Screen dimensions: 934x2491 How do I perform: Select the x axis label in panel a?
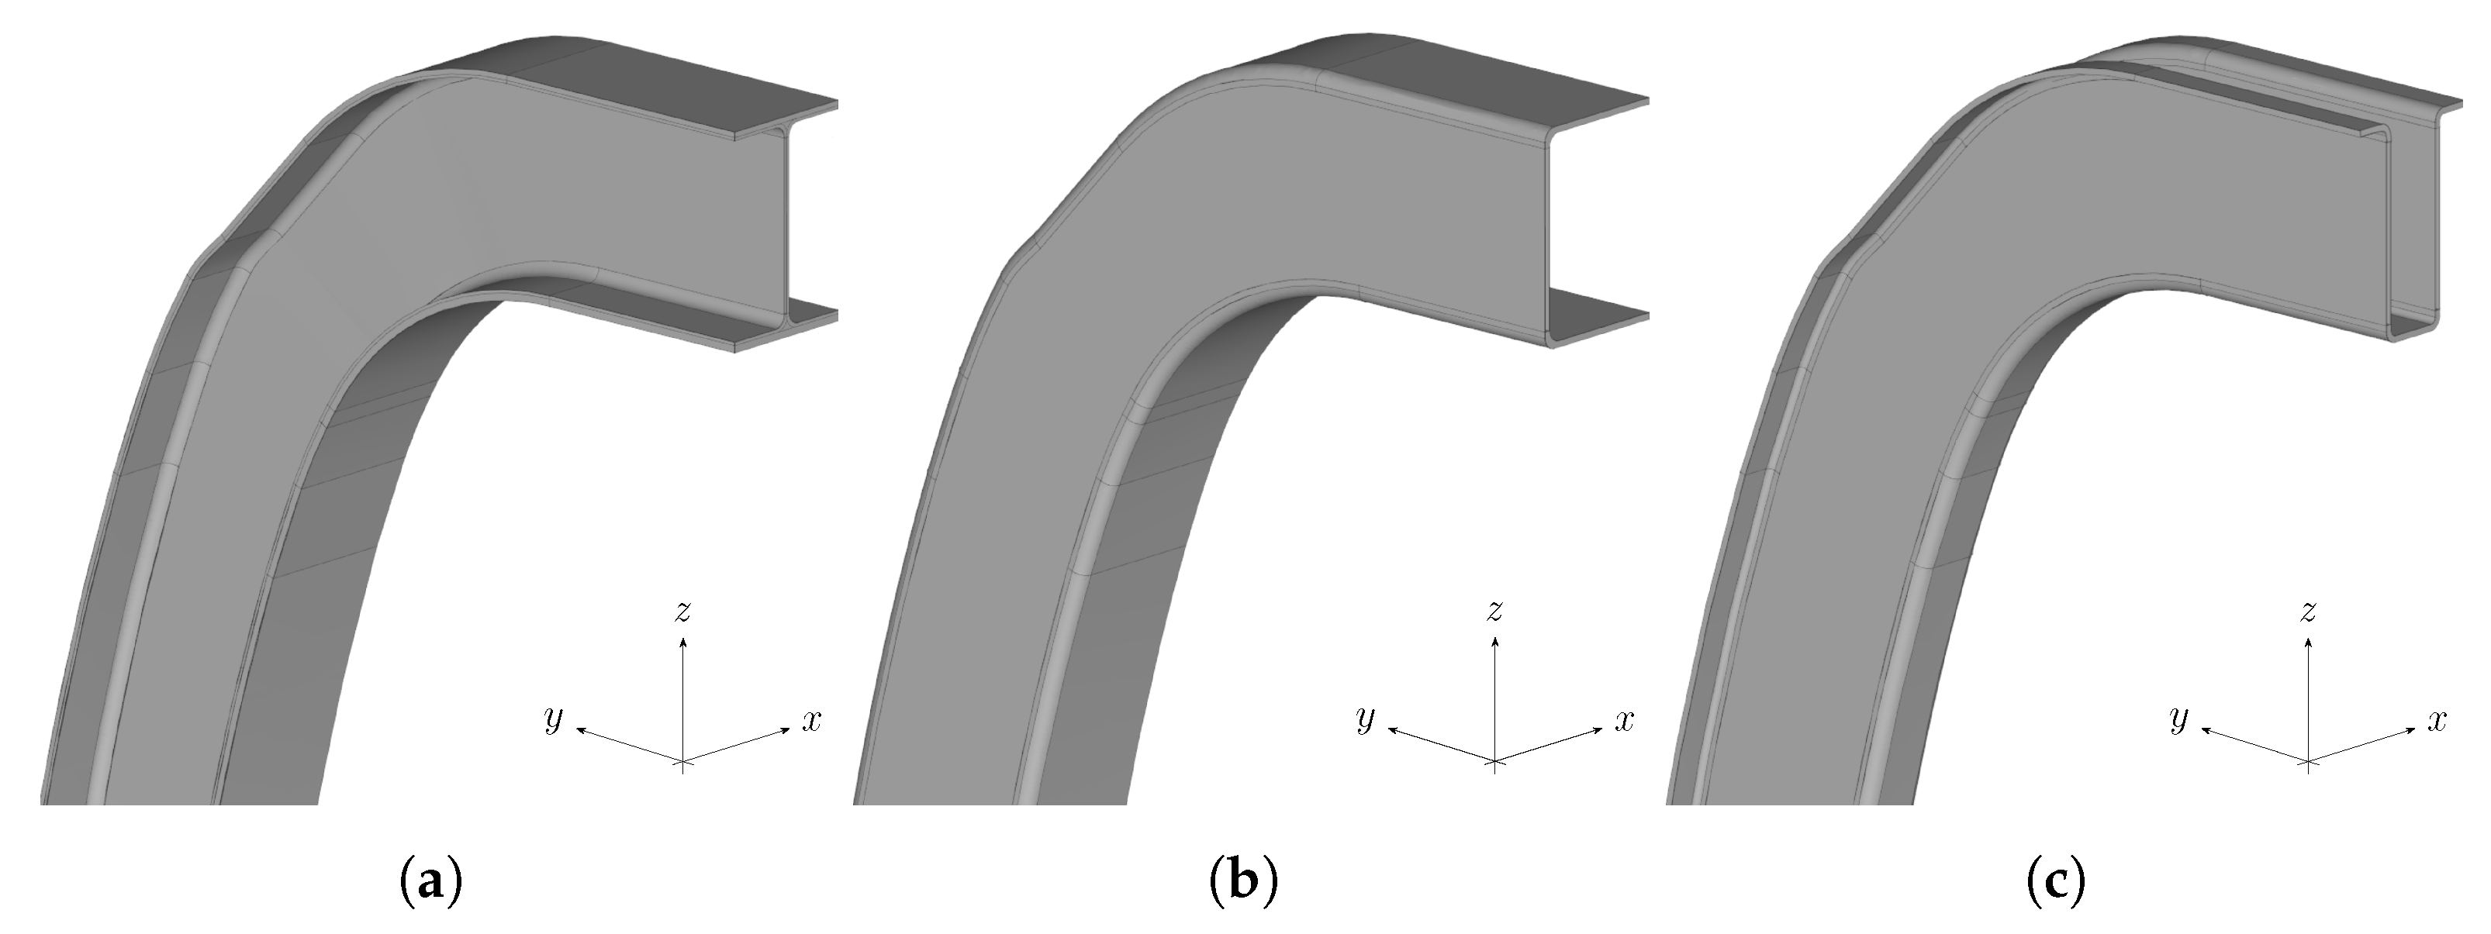811,719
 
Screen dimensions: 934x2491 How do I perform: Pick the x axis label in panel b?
1624,719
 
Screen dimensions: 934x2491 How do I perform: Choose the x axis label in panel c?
2437,719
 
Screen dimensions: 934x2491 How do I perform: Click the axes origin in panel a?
684,763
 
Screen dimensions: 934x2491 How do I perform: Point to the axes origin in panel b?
1495,763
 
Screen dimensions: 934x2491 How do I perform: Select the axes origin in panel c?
2310,763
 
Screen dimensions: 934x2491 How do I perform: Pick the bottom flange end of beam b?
1595,329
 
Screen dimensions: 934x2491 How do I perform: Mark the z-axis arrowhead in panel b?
1495,640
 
